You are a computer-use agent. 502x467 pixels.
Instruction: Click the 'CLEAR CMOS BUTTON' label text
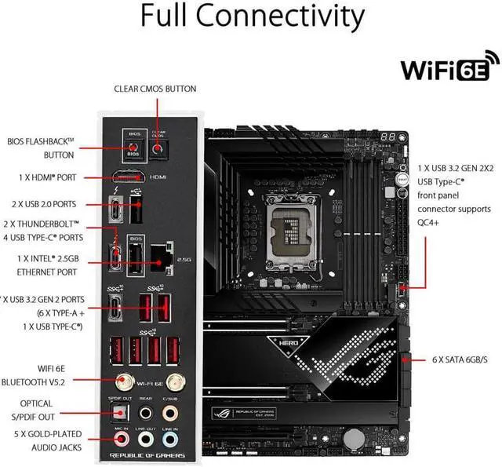point(155,89)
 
